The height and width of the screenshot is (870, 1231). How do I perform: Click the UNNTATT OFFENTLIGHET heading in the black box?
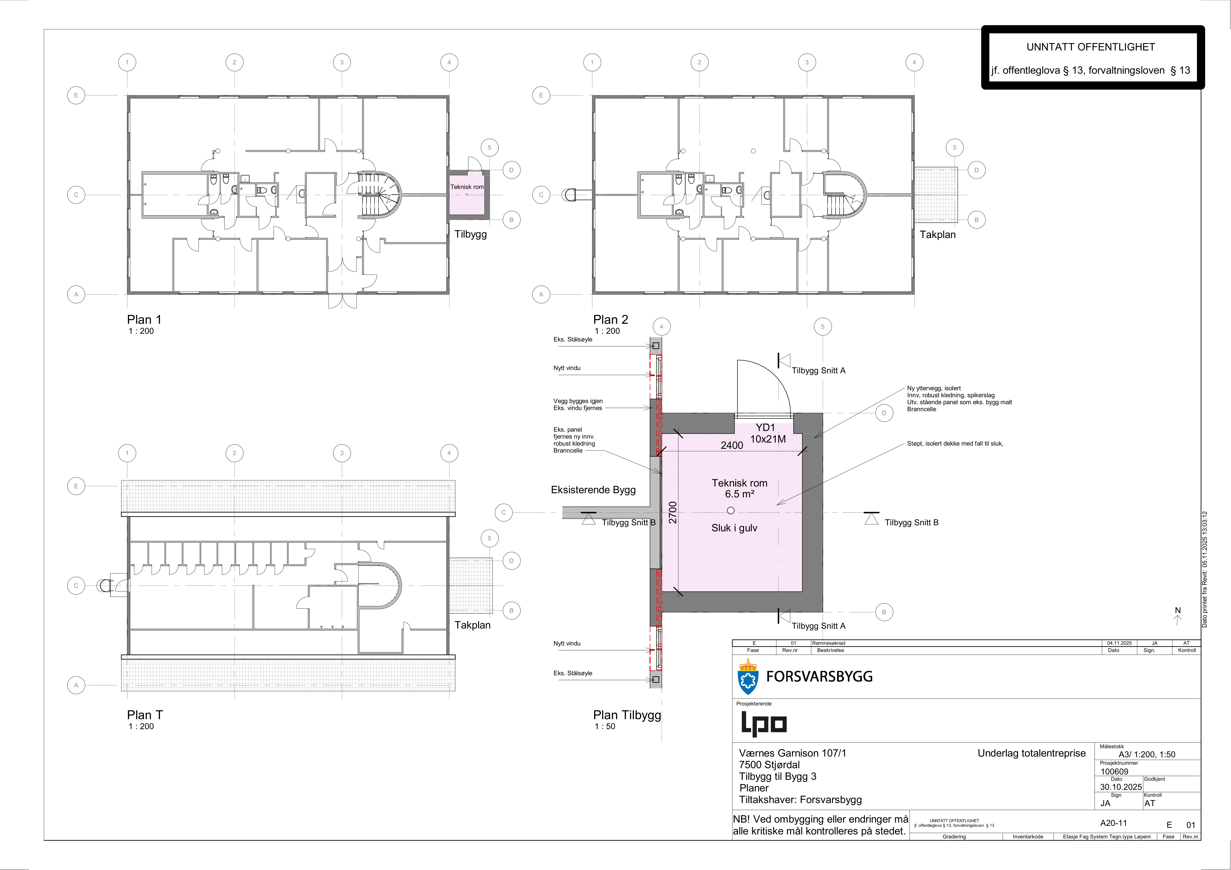point(1091,47)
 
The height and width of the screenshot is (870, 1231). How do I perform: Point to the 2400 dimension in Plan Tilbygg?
point(732,445)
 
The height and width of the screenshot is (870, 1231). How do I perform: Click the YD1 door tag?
point(766,427)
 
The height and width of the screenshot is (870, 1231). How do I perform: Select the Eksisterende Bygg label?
point(593,490)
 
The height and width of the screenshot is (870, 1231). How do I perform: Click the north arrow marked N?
point(1178,616)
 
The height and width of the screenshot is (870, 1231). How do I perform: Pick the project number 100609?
point(1115,772)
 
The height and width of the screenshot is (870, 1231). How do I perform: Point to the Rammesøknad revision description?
point(829,643)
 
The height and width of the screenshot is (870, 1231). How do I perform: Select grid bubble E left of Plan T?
point(76,486)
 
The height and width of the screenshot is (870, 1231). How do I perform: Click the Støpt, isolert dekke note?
point(955,444)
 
